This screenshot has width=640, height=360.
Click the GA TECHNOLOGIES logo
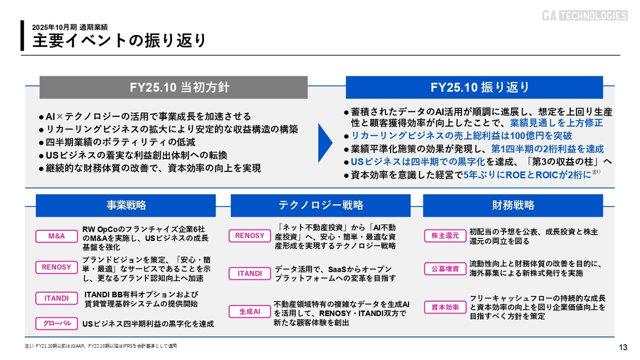[x=584, y=15]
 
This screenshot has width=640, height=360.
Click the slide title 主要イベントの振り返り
[x=119, y=40]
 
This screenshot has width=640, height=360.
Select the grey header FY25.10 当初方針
[x=173, y=87]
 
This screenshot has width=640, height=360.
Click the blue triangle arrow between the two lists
[x=325, y=143]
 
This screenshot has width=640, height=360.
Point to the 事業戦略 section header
[x=126, y=205]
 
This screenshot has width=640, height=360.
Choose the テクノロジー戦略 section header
[x=320, y=205]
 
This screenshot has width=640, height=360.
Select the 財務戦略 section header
[x=513, y=205]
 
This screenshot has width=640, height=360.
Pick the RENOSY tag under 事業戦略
[x=56, y=267]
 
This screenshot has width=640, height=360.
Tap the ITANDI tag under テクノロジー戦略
[x=249, y=273]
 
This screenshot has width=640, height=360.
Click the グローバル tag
[x=56, y=323]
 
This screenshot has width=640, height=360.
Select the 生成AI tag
[x=249, y=311]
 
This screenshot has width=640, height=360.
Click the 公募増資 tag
[x=445, y=269]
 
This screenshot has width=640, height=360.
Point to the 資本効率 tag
[x=445, y=307]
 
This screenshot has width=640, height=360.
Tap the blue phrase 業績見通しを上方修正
[x=556, y=123]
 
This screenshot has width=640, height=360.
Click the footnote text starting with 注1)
[x=100, y=346]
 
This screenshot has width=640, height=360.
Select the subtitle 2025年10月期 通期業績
[x=70, y=27]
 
